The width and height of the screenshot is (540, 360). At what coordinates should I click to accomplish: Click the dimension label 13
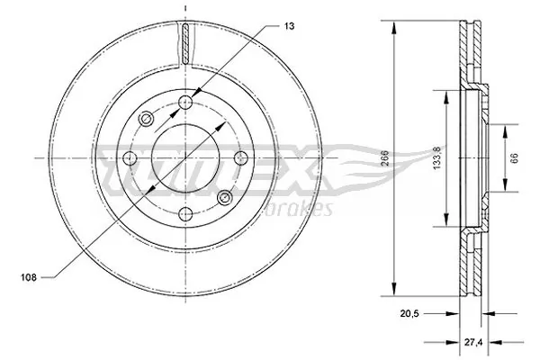[290, 26]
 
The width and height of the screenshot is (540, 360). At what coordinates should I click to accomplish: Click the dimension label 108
[29, 277]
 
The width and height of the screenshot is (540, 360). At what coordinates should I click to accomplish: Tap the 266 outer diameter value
[385, 158]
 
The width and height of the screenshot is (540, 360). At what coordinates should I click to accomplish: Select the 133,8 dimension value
[437, 157]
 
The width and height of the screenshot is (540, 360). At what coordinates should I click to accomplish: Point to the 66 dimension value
[515, 158]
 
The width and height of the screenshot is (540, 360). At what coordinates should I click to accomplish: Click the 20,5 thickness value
[409, 314]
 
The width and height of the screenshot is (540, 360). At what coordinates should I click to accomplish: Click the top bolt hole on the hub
[185, 103]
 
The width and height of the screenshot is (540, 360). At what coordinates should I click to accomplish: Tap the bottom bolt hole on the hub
[185, 214]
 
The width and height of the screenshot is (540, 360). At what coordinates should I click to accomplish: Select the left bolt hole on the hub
[130, 158]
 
